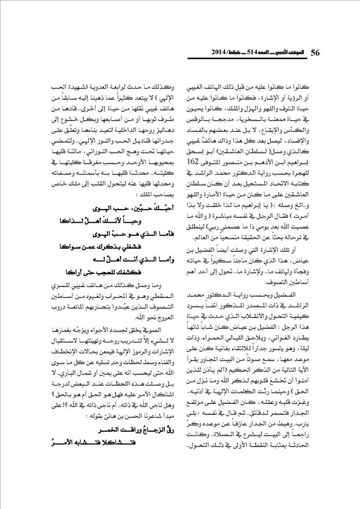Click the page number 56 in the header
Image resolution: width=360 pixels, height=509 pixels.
315,53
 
